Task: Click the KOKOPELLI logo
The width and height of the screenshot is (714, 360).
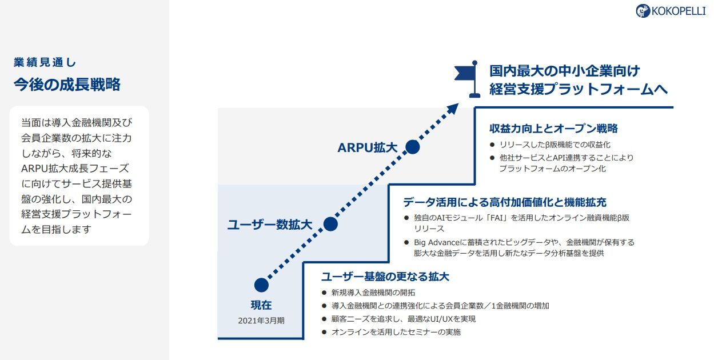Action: tap(671, 11)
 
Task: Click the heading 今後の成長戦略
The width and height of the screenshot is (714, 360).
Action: tap(67, 85)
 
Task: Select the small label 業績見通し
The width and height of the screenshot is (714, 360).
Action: tap(45, 63)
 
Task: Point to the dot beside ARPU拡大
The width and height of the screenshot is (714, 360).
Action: tap(412, 147)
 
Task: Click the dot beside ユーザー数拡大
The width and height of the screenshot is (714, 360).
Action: tap(330, 224)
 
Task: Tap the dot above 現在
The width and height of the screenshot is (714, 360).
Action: tap(261, 285)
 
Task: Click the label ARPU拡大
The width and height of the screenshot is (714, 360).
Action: tap(367, 147)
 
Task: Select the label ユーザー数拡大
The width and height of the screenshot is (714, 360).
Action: tap(270, 225)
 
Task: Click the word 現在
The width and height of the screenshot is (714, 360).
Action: tap(261, 305)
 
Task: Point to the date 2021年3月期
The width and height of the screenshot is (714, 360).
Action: tap(261, 321)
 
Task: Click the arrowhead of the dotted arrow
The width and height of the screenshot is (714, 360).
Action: tap(453, 108)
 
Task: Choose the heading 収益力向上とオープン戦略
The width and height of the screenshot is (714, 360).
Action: tap(553, 129)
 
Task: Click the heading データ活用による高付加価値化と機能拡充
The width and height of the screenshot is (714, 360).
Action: tap(505, 202)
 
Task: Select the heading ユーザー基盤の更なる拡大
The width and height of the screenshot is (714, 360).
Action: tap(385, 277)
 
